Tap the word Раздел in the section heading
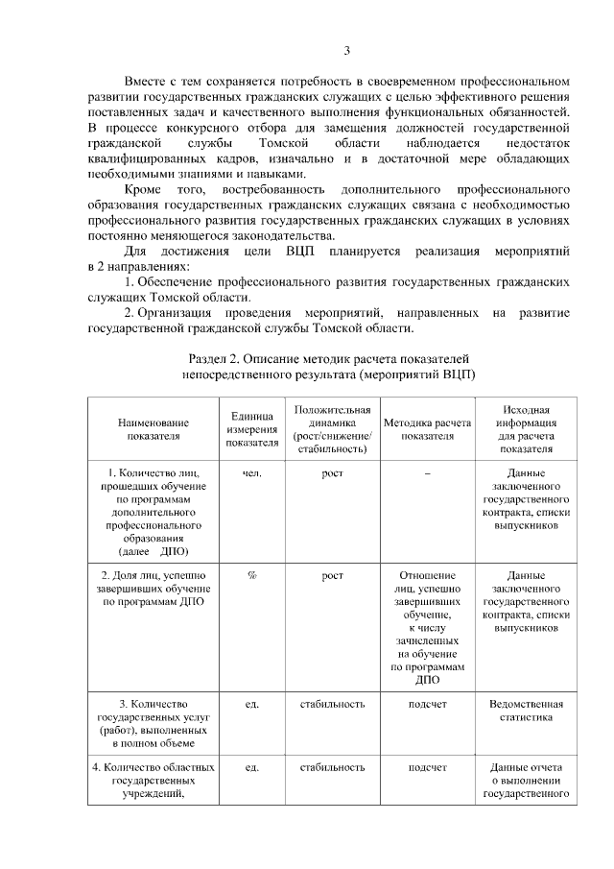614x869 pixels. (211, 357)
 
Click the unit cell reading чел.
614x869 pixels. (252, 473)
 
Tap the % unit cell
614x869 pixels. (252, 575)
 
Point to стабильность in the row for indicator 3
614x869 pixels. (332, 704)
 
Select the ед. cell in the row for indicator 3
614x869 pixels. (252, 704)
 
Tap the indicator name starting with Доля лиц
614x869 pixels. (153, 588)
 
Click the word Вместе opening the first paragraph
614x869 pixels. (148, 82)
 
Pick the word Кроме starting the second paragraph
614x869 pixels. (144, 190)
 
